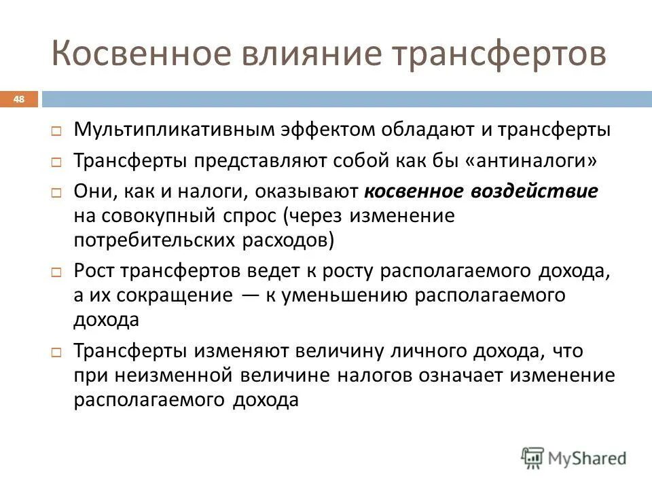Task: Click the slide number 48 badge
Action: [x=19, y=100]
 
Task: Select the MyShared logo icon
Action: [x=533, y=458]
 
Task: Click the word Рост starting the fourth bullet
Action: [x=95, y=271]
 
